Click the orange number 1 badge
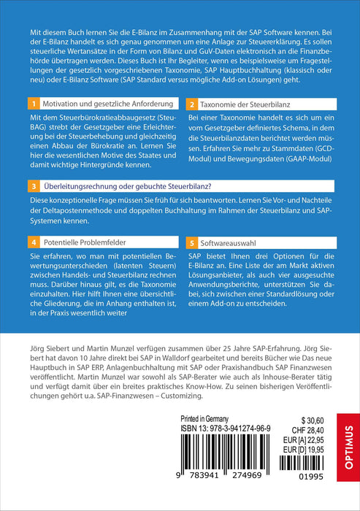click(32, 105)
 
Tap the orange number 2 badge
click(191, 105)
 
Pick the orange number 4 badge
click(32, 240)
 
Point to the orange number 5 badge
click(191, 240)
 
